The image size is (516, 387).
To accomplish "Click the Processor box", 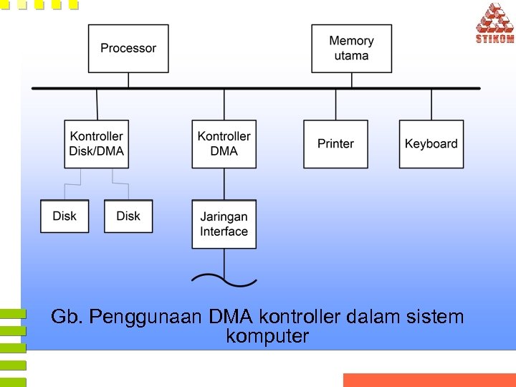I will [x=128, y=48].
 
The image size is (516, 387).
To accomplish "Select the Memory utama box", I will [x=351, y=48].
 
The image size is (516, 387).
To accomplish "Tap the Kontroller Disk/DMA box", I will [x=97, y=143].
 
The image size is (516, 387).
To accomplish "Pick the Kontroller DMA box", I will [x=224, y=143].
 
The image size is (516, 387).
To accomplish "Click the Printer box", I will [x=335, y=143].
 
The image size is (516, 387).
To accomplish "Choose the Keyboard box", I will [x=431, y=143].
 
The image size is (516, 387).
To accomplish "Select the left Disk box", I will [x=64, y=216].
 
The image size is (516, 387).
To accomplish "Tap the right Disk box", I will [x=128, y=216].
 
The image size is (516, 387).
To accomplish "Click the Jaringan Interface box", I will [x=224, y=224].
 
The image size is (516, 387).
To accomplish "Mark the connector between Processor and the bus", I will [x=128, y=80].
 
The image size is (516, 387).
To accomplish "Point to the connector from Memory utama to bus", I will [x=351, y=80].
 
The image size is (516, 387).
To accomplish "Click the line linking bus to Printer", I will [x=335, y=104].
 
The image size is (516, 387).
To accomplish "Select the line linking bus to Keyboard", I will [x=431, y=104].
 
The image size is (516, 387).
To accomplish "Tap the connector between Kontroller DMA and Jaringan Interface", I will [x=224, y=183].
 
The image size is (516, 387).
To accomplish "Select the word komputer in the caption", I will [x=267, y=336].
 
